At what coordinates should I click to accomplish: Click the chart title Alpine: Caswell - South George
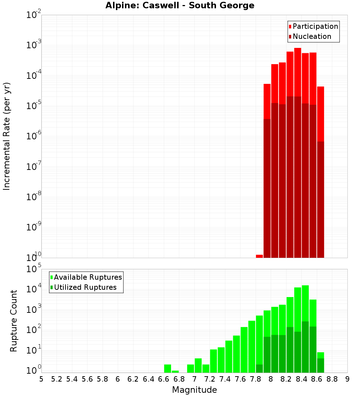coord(180,5)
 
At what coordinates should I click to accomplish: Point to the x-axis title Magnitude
coord(194,390)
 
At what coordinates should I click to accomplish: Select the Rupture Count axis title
coord(14,321)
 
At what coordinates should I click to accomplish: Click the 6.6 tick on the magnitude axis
coord(163,379)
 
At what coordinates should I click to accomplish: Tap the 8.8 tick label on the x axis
coord(332,379)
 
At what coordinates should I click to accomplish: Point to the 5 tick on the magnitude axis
coord(41,379)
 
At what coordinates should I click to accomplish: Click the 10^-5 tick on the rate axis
coord(34,106)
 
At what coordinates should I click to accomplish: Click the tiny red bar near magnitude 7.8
coord(259,256)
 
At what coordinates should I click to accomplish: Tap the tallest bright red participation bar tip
coord(297,49)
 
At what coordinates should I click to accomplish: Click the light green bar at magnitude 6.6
coord(167,368)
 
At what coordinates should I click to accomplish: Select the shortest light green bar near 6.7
coord(175,372)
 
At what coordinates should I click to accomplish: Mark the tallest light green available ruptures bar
coord(305,288)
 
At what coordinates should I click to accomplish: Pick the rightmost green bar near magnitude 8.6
coord(320,362)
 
